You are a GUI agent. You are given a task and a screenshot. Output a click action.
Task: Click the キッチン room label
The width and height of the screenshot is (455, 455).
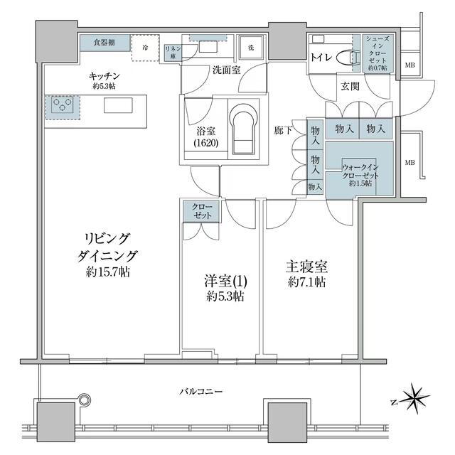click(104, 75)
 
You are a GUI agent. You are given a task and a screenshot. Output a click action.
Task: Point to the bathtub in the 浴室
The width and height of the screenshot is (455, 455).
click(244, 128)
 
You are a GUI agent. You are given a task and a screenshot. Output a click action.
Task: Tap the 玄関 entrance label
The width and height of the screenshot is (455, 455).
click(349, 87)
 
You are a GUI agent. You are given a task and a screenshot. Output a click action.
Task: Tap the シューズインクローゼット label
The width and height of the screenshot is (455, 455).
click(376, 51)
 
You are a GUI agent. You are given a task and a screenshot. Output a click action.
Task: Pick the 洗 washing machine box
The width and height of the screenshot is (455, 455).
click(251, 48)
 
